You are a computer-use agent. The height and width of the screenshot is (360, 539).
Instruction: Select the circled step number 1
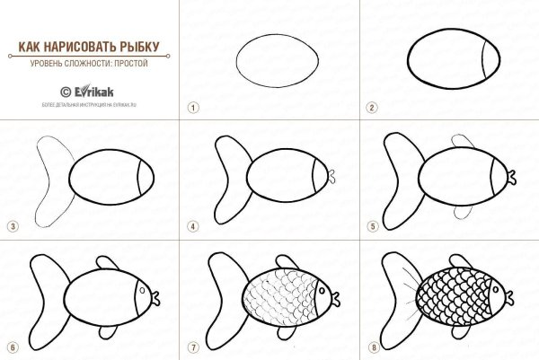[192, 107]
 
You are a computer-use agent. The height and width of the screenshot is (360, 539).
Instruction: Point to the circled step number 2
[371, 107]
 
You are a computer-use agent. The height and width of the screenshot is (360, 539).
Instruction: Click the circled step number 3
[13, 226]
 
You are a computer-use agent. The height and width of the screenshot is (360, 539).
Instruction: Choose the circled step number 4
[192, 226]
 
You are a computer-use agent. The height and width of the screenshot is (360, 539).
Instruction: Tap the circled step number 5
[371, 226]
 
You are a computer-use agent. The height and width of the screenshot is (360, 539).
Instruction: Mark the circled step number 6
[13, 347]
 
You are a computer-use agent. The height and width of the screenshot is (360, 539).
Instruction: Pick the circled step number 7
[192, 347]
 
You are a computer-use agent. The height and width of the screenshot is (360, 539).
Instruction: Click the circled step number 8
[371, 347]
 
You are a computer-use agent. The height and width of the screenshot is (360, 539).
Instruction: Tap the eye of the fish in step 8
[498, 288]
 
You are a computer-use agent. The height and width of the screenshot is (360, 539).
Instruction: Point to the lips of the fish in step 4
[331, 174]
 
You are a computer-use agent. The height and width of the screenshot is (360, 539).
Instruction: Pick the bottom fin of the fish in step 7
[287, 333]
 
